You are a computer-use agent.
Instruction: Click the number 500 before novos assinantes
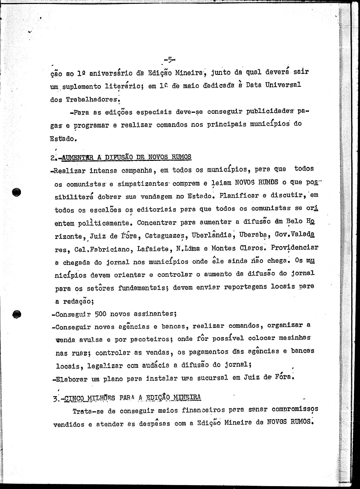point(100,314)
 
